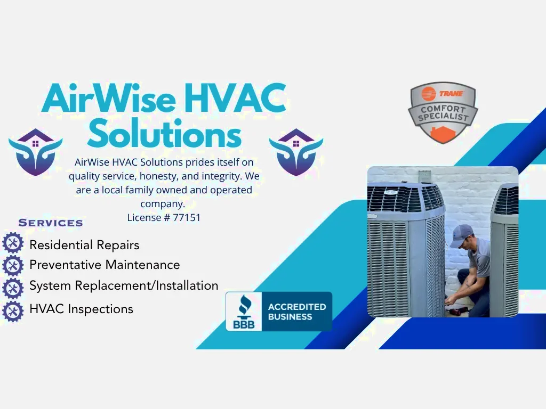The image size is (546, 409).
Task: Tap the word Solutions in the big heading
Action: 164,133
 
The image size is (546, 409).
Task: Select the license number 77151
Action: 187,218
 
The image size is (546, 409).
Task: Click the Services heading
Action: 51,223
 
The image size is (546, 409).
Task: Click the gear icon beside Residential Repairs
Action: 13,243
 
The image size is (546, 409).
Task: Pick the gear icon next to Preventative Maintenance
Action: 13,266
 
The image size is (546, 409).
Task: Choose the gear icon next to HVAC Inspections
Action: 13,311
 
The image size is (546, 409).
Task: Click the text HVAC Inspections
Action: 82,309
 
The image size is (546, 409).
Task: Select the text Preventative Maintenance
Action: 105,265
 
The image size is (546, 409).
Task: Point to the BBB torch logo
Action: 244,312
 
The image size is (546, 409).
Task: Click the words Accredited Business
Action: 296,312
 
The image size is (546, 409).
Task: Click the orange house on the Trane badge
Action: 443,134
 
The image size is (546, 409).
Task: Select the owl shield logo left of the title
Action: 35,152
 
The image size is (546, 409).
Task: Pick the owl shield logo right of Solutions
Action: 296,152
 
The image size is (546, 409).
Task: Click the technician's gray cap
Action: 461,235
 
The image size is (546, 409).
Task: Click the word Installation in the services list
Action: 187,285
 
